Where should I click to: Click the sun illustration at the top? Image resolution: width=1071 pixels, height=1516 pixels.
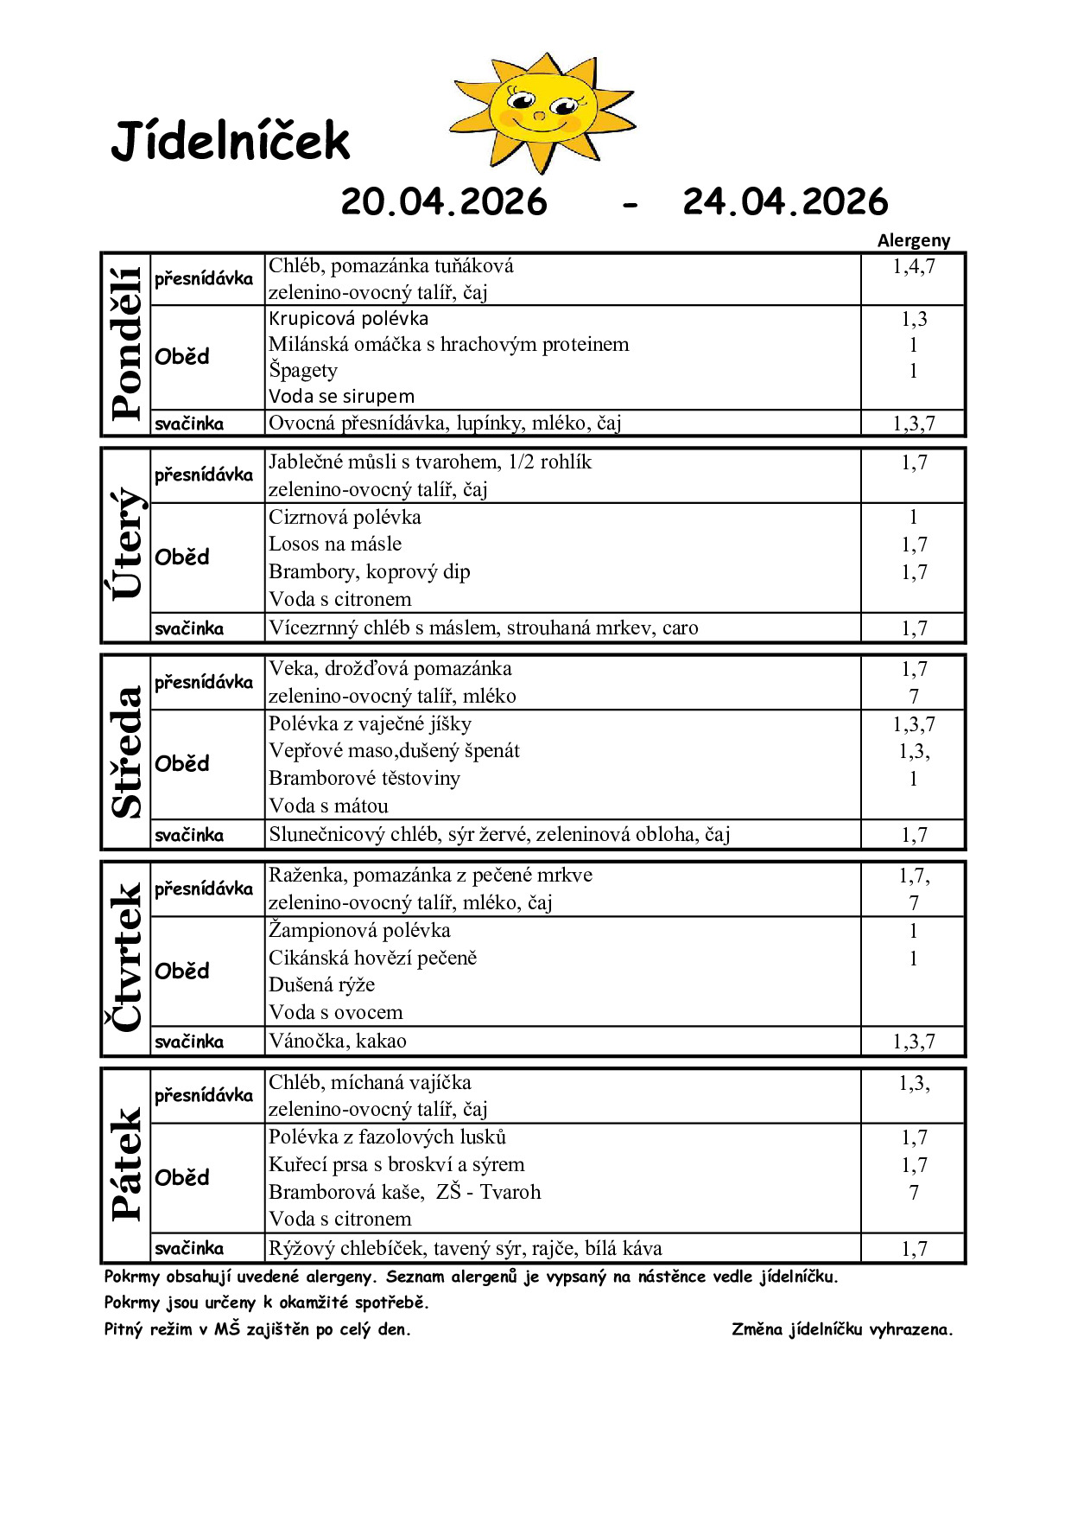542,111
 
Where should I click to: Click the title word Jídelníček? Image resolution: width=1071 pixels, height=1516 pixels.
231,142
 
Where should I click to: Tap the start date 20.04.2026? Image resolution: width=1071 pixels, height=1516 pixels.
444,202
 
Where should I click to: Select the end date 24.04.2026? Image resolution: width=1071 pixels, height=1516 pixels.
785,202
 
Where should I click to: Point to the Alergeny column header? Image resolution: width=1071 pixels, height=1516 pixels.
913,240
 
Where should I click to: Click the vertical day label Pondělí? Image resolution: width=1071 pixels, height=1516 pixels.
126,344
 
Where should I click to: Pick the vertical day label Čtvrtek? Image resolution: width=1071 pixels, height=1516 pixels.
126,957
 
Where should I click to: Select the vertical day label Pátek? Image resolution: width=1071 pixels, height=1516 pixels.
126,1164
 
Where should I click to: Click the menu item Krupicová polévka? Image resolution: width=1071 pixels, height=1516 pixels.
348,319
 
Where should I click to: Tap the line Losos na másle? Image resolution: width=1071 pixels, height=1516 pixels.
335,545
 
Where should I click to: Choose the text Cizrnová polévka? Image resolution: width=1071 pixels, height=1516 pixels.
345,518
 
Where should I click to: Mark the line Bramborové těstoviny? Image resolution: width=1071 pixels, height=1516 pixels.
364,779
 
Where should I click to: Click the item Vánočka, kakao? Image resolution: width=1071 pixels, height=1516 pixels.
337,1041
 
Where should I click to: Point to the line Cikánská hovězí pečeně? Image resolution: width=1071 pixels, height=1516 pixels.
372,959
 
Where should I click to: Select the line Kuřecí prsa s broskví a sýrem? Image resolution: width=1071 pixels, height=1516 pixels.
396,1165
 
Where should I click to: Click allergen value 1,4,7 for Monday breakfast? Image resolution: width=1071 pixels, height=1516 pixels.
913,267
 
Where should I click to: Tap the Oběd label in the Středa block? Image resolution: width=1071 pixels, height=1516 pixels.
182,764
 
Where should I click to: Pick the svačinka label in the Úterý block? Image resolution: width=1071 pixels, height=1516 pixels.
189,629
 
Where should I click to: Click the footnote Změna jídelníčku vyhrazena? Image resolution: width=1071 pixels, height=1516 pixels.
842,1330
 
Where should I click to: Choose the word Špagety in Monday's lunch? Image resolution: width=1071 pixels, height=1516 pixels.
303,371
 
